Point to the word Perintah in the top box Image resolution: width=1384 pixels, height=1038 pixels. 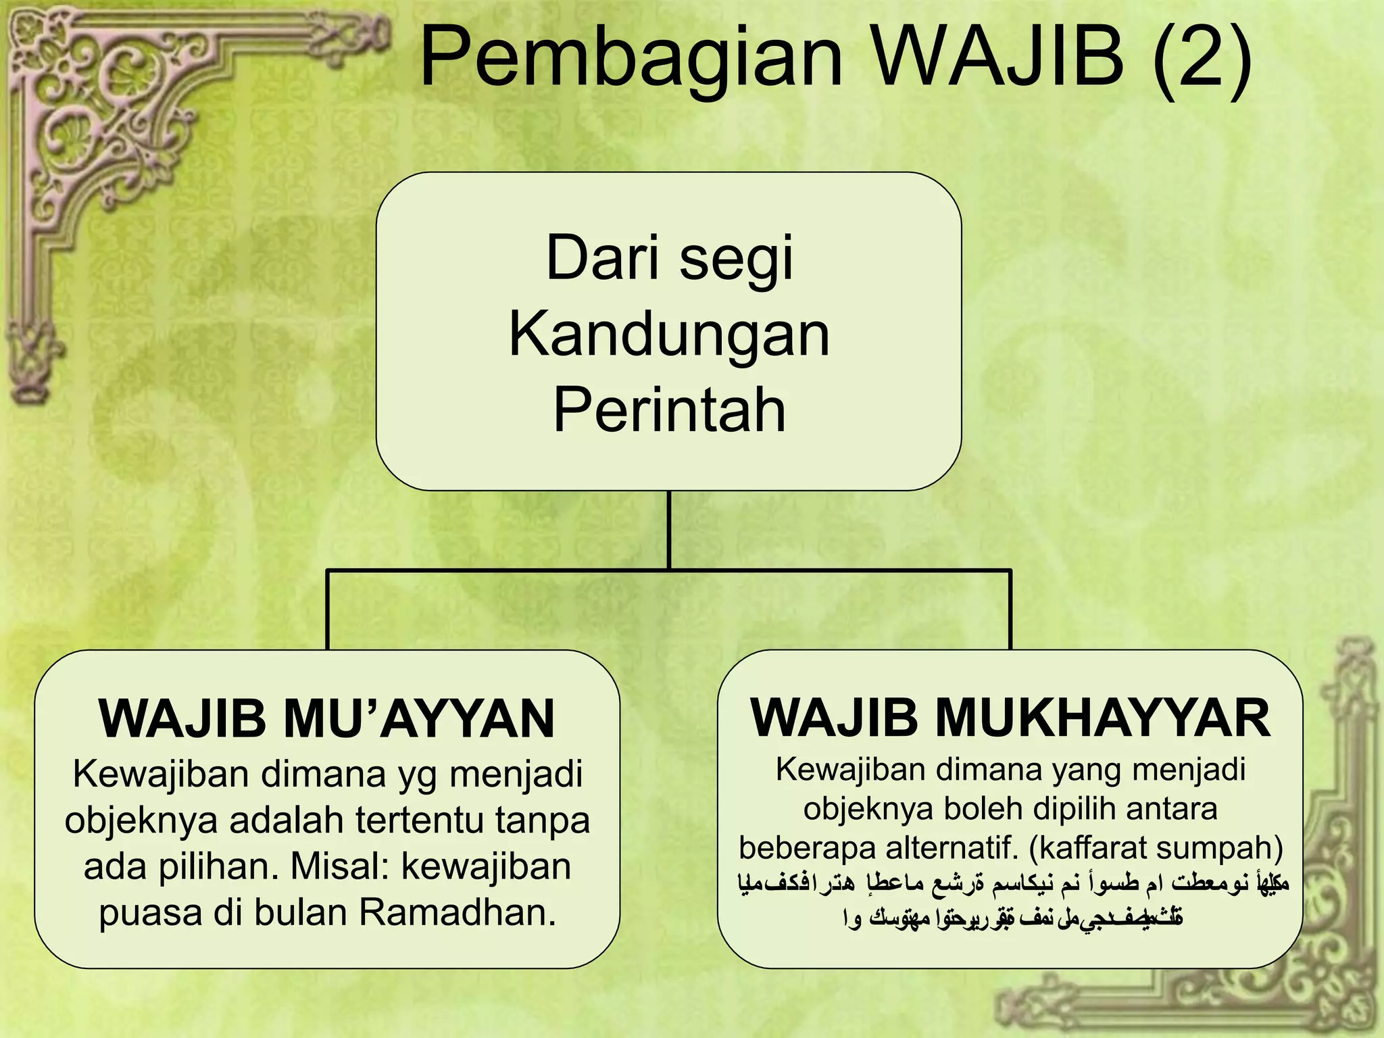click(x=669, y=410)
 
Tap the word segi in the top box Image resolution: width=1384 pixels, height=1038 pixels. click(x=736, y=259)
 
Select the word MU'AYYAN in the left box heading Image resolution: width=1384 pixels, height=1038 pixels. click(x=419, y=718)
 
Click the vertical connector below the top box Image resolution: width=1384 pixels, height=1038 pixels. click(x=669, y=530)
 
